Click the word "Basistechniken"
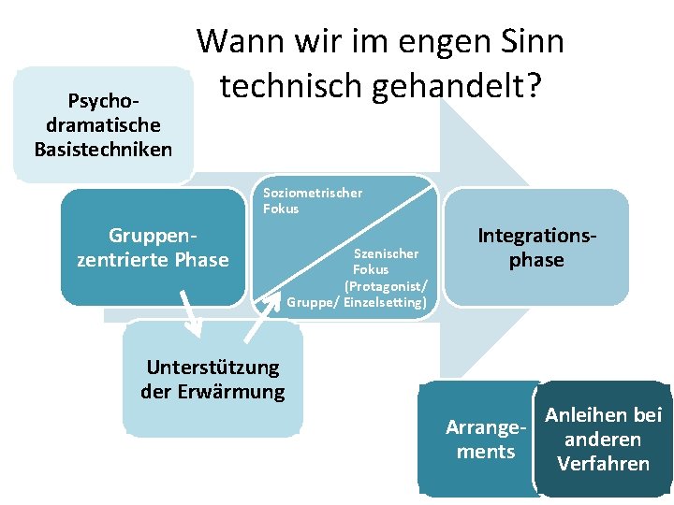(103, 149)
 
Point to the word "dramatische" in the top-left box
(103, 125)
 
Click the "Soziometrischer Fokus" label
(313, 201)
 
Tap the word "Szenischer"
(386, 252)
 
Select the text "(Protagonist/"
(386, 285)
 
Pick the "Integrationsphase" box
(536, 247)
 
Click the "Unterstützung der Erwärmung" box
(212, 379)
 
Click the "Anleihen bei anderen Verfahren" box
(603, 439)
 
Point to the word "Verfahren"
(603, 464)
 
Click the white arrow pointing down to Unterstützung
(190, 314)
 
